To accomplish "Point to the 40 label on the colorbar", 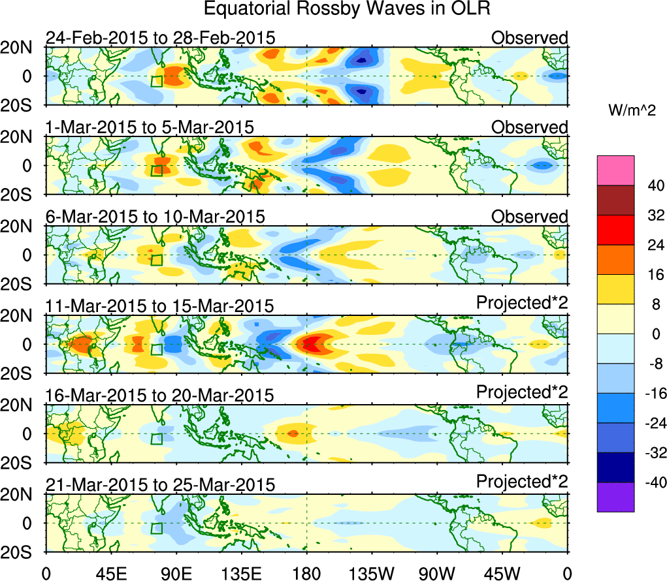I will [x=647, y=185].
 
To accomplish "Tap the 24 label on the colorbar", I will [x=647, y=245].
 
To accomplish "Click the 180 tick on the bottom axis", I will [x=306, y=573].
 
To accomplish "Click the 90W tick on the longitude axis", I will [x=437, y=573].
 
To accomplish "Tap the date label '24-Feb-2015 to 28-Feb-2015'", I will [x=160, y=38].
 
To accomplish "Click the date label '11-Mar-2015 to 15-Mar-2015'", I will [x=160, y=306].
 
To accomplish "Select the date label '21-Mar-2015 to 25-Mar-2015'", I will [x=160, y=485].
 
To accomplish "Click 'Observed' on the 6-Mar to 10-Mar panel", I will [x=530, y=217].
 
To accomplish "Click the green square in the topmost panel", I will [x=157, y=81].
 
